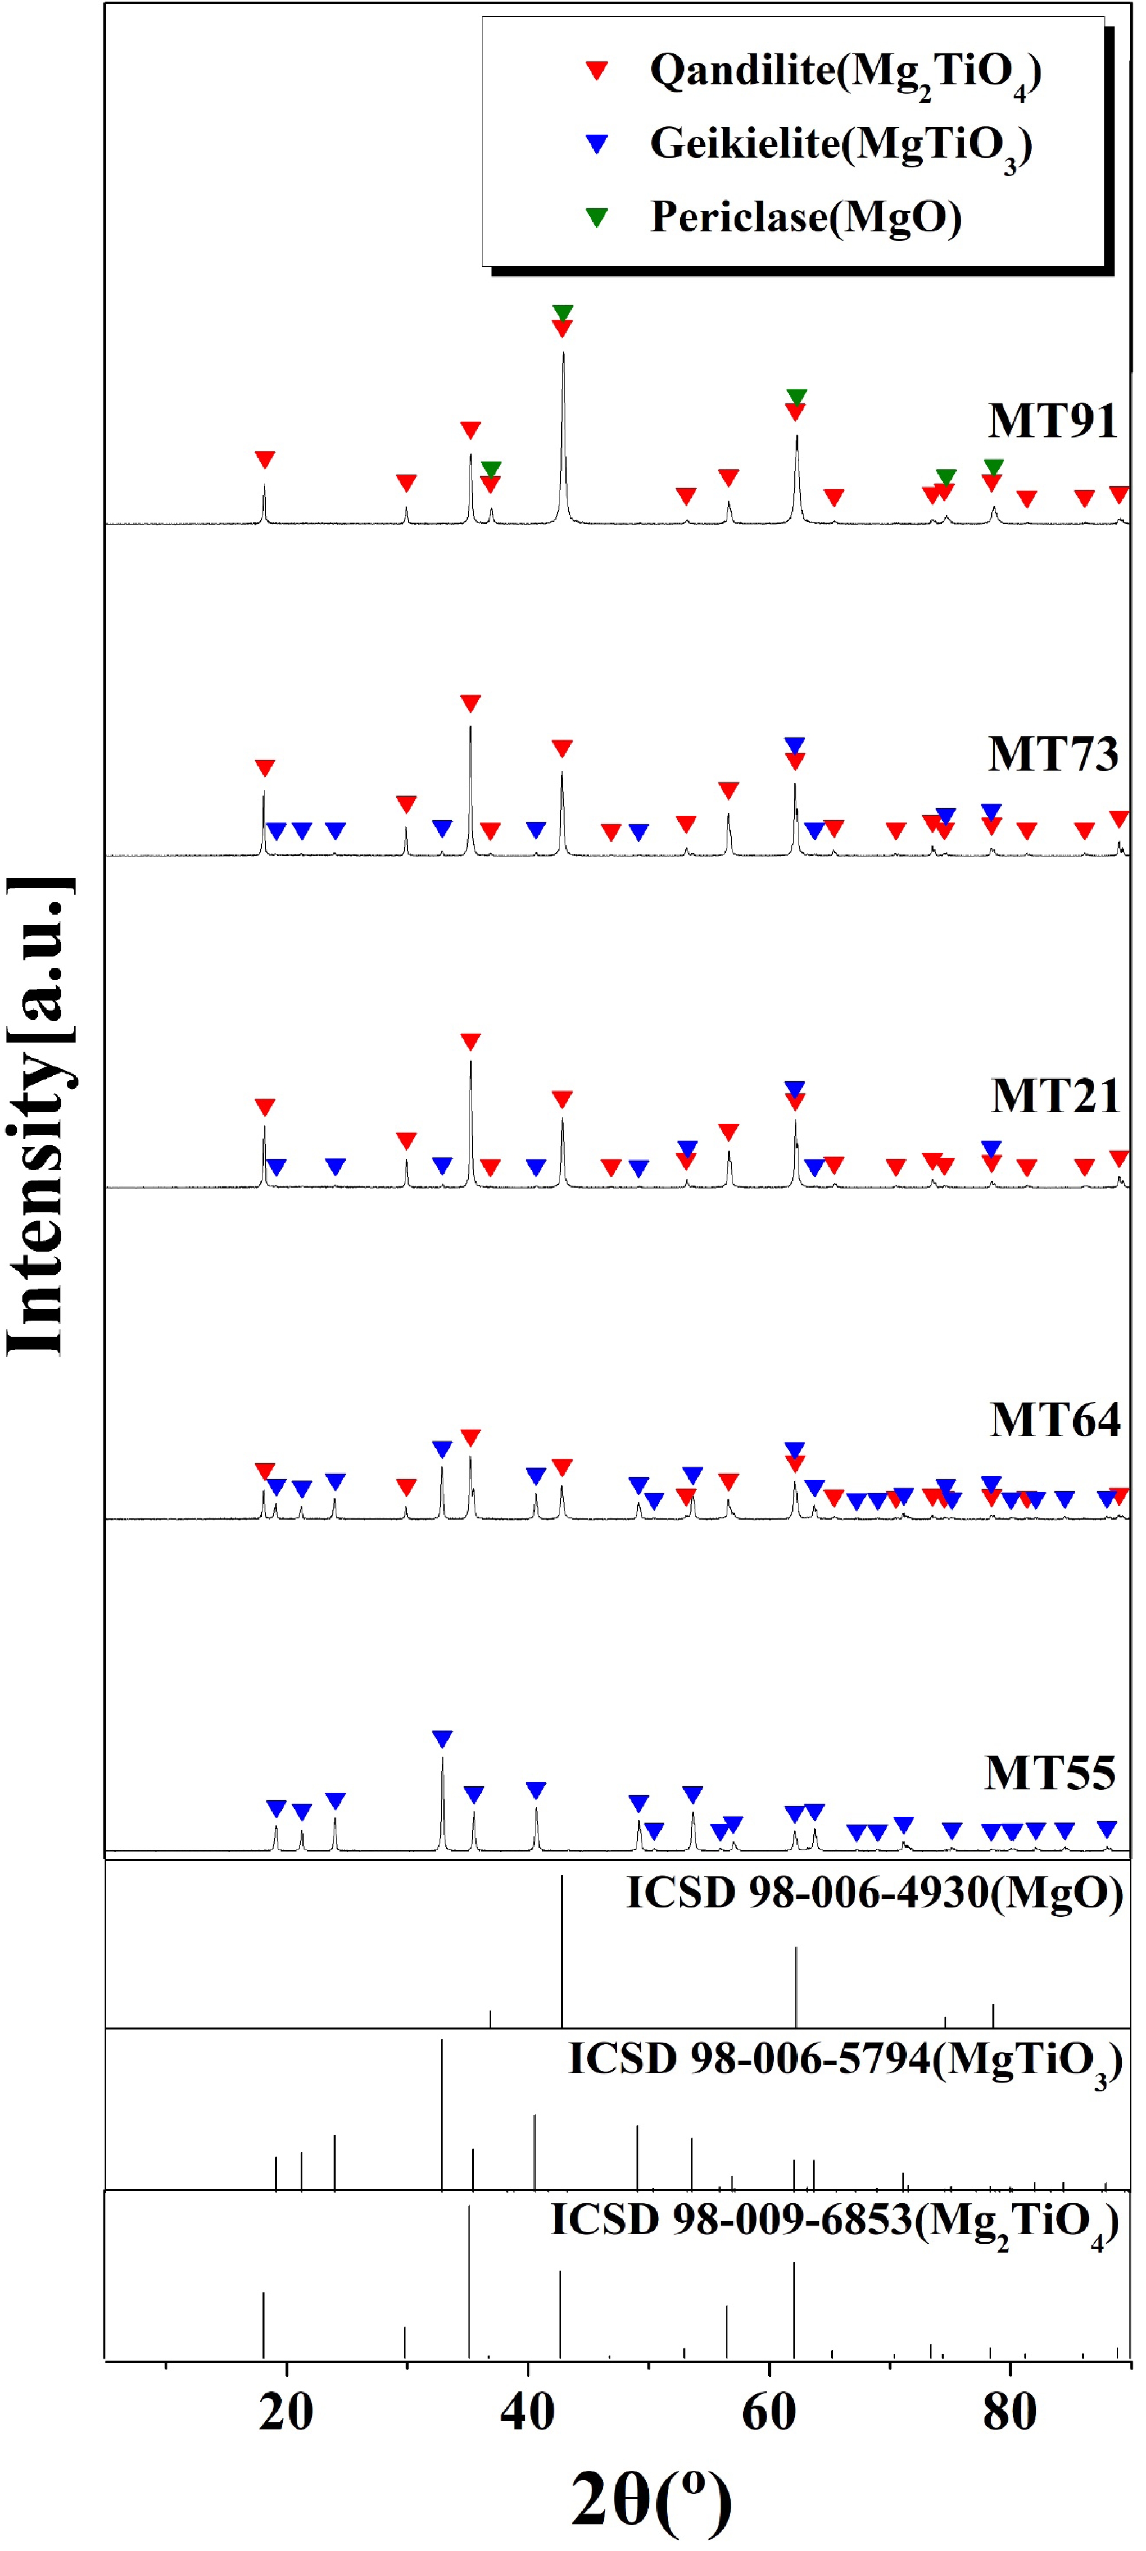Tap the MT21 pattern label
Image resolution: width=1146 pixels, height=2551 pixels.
coord(1055,1096)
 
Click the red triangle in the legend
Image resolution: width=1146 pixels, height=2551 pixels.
coord(597,70)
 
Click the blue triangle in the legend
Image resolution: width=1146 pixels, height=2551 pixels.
coord(597,144)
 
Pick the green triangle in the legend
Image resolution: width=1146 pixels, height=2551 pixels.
coord(597,217)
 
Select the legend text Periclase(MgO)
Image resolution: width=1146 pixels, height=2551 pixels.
coord(805,217)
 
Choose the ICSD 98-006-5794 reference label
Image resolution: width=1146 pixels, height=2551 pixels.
coord(845,2061)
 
